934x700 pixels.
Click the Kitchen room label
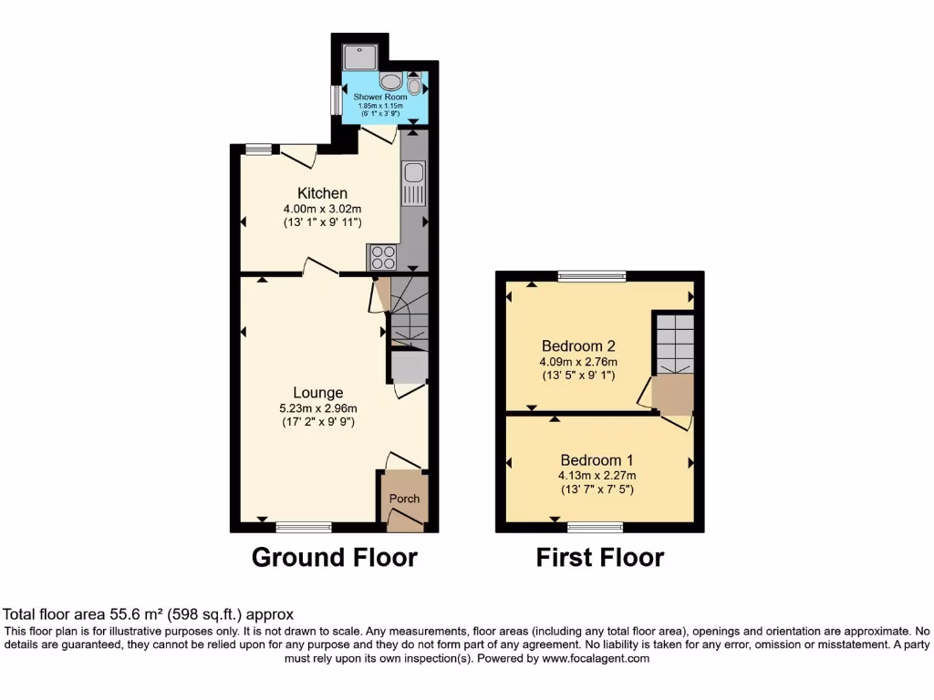coord(322,193)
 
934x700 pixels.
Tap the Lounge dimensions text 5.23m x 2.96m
coord(317,408)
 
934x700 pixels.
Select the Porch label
coord(404,499)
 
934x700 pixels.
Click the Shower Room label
coord(381,97)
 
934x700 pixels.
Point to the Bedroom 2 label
coord(578,346)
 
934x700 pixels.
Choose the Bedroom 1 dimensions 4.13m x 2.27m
coord(597,475)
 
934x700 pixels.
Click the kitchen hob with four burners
coord(383,258)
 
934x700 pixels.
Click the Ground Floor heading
coord(334,557)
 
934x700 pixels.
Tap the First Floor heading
coord(599,557)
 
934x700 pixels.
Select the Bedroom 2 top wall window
coord(592,275)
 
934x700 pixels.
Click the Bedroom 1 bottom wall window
coord(595,527)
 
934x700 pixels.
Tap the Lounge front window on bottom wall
coord(304,527)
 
